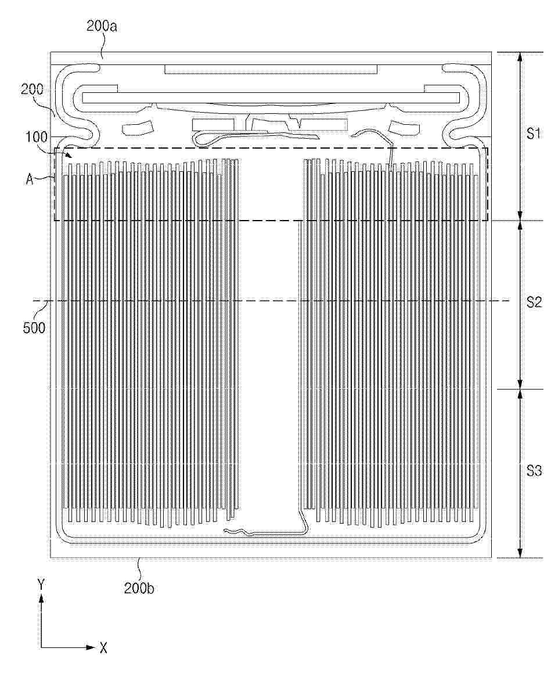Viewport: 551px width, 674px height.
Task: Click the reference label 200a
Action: [102, 27]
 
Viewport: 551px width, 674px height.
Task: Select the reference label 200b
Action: [139, 588]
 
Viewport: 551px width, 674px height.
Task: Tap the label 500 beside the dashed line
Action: [34, 327]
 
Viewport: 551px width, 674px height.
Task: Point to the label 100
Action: [37, 138]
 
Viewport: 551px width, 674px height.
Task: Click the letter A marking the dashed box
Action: [29, 179]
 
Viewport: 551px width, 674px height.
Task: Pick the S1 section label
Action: [534, 134]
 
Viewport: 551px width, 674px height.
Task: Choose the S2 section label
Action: [534, 302]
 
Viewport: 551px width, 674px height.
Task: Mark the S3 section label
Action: [534, 471]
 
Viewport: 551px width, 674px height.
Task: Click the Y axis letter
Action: [41, 584]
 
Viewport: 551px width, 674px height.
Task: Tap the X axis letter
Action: [103, 648]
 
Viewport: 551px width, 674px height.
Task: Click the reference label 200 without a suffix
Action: [33, 89]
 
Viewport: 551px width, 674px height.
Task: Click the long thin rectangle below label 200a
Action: [271, 69]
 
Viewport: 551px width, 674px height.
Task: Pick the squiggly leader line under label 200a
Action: [102, 45]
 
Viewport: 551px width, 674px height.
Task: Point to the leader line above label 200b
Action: [139, 569]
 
